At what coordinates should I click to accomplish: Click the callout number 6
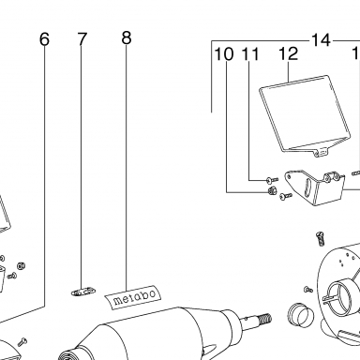(x=45, y=39)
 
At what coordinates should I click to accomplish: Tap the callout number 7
(x=82, y=39)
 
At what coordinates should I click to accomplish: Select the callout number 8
(x=127, y=37)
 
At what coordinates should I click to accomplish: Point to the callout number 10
(x=224, y=54)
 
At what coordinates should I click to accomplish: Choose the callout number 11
(x=250, y=54)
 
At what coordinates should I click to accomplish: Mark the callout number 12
(x=288, y=53)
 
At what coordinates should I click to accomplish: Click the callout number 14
(x=321, y=40)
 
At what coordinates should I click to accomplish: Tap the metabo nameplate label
(x=133, y=297)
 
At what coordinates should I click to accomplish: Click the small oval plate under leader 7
(x=82, y=292)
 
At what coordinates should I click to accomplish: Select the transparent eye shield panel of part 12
(x=304, y=114)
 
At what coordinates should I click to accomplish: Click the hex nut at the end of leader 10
(x=271, y=190)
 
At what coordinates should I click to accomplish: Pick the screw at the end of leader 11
(x=272, y=180)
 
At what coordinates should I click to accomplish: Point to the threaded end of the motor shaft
(x=265, y=318)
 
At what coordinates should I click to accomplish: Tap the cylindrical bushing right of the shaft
(x=298, y=315)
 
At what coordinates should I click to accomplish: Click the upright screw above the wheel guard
(x=321, y=239)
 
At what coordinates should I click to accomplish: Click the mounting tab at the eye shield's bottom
(x=322, y=152)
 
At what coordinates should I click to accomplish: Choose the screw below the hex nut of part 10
(x=286, y=196)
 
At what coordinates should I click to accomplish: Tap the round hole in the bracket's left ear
(x=290, y=176)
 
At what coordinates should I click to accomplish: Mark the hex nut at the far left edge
(x=21, y=266)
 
